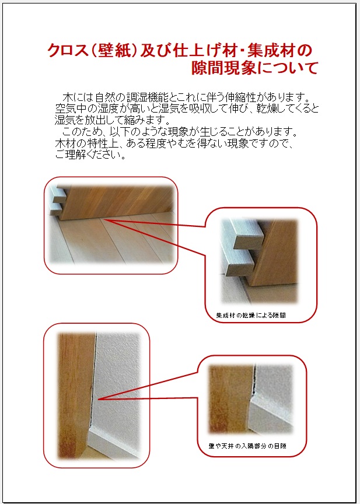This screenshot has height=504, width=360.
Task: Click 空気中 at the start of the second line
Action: [x=70, y=108]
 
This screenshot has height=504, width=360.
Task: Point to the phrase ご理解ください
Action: [x=90, y=155]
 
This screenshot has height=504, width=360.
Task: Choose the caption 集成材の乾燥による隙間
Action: [x=251, y=316]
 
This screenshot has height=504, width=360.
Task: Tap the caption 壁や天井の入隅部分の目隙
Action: [x=247, y=446]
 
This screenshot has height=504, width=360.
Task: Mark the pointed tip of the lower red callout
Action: [x=98, y=399]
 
